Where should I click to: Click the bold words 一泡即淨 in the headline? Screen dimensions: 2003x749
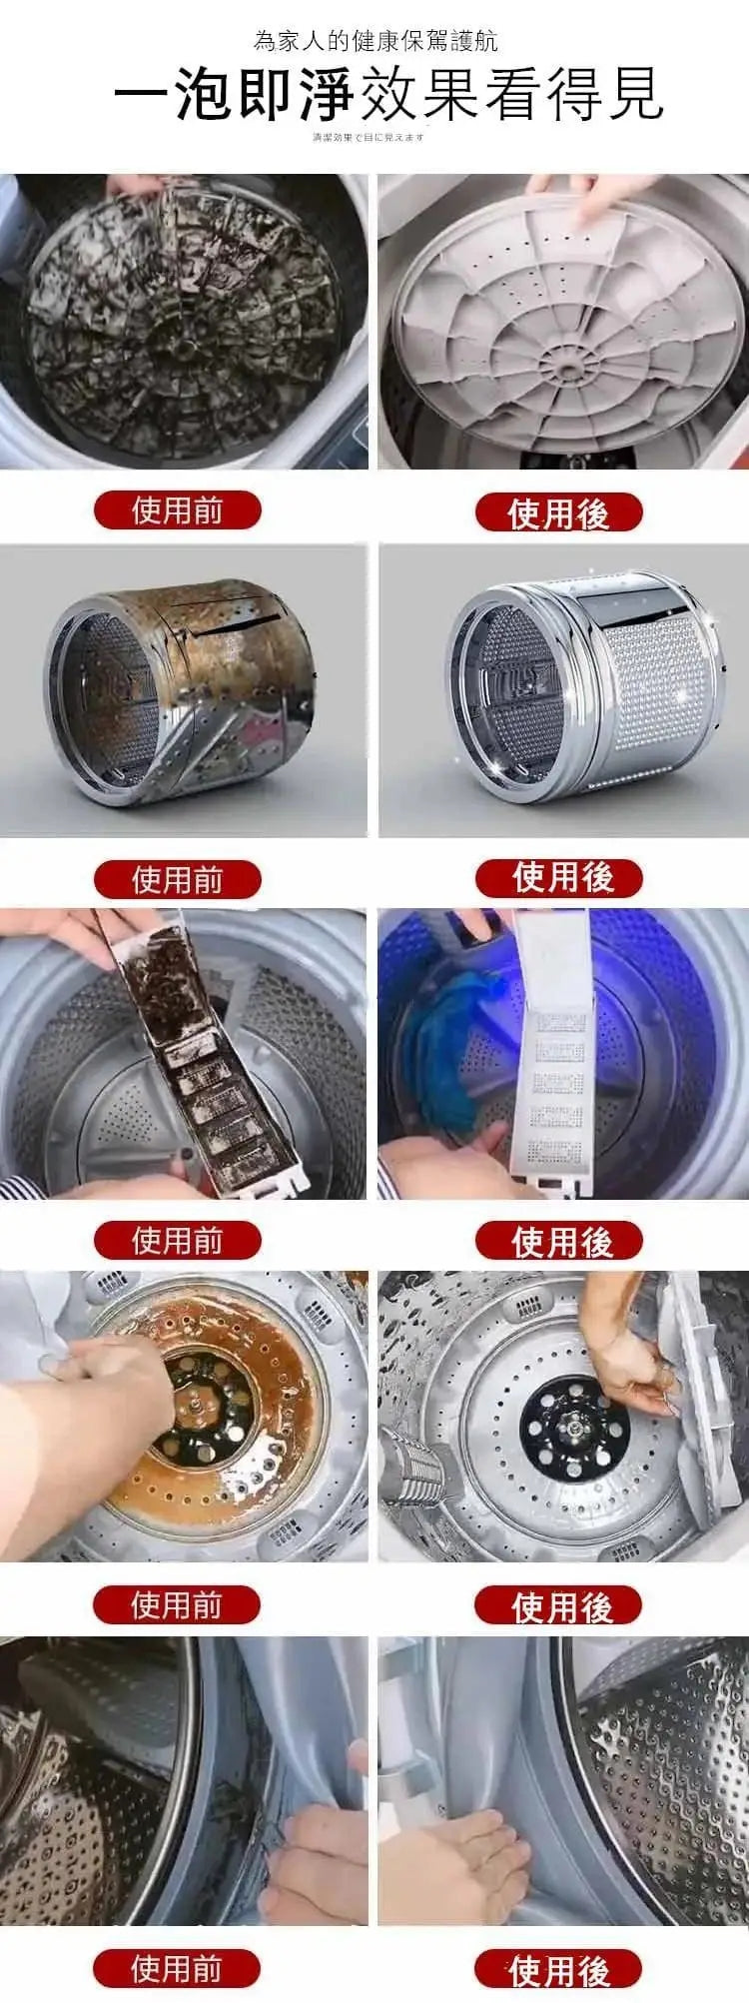[235, 95]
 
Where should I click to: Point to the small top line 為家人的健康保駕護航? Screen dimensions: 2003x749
[375, 41]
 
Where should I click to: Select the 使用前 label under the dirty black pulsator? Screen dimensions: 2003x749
[177, 510]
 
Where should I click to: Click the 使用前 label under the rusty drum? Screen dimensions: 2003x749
[177, 880]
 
